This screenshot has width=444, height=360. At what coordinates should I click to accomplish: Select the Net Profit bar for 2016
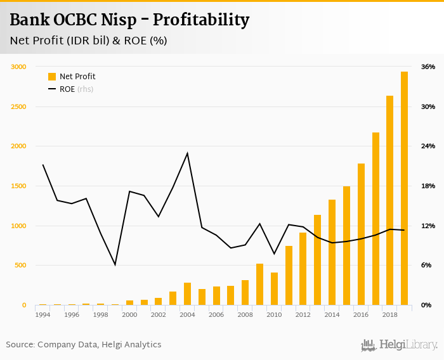361,235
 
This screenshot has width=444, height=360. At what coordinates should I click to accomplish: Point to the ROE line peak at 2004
187,153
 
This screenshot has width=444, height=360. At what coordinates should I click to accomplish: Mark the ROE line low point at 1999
115,264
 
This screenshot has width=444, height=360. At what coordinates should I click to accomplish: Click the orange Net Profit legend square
52,77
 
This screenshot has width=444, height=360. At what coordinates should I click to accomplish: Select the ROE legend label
67,89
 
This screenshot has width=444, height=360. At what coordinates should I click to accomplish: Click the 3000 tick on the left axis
18,67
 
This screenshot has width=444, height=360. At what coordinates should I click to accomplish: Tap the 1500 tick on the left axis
18,186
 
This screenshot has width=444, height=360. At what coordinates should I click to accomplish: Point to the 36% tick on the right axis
428,67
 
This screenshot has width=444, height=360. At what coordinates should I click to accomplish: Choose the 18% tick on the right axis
428,186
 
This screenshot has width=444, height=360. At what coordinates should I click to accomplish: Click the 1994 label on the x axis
42,314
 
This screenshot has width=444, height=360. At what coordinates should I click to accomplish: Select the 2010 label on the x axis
274,314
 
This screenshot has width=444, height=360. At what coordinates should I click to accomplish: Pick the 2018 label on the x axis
389,314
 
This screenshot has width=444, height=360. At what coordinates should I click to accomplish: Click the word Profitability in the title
202,20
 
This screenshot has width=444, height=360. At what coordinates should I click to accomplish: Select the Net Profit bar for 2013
317,260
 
